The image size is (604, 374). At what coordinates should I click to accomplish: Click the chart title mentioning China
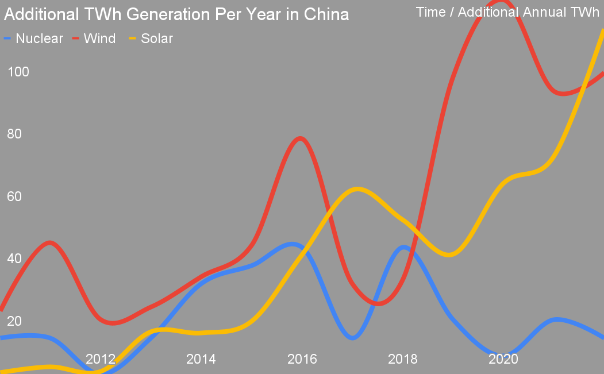[x=176, y=14]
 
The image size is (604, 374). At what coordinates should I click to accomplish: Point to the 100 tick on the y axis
[x=18, y=72]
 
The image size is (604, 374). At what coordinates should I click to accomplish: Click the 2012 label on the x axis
[x=101, y=360]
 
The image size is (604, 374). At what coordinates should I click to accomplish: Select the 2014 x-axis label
[x=201, y=360]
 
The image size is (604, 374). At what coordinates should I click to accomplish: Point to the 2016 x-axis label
[x=302, y=360]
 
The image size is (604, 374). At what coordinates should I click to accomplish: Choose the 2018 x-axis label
[x=403, y=360]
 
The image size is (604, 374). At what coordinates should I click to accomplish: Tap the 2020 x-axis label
[x=503, y=360]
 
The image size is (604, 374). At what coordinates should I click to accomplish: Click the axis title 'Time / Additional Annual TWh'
[x=507, y=12]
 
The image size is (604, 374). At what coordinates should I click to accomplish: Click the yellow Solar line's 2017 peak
[x=357, y=189]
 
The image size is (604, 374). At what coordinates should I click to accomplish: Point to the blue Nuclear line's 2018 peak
[x=404, y=248]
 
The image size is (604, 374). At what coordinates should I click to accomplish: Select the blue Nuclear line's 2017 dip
[x=353, y=337]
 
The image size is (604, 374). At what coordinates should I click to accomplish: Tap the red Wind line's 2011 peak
[x=51, y=242]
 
